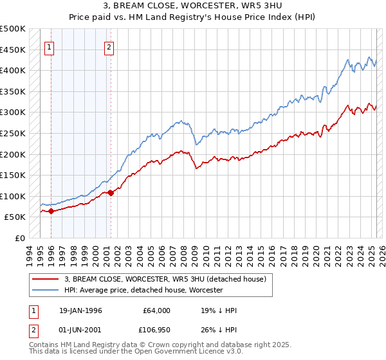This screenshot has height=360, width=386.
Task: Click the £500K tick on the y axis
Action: [x=13, y=29]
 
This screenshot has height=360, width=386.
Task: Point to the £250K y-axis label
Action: [x=13, y=133]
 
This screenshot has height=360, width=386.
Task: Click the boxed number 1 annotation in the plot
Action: [x=50, y=46]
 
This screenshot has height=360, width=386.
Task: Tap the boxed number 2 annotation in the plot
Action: [x=109, y=46]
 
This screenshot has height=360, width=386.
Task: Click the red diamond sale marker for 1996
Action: [x=51, y=211]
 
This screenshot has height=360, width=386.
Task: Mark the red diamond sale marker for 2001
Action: [x=111, y=192]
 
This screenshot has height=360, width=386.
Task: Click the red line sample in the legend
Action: [x=46, y=278]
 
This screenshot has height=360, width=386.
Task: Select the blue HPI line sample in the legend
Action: [x=46, y=290]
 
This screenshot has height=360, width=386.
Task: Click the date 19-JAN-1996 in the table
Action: [x=80, y=310]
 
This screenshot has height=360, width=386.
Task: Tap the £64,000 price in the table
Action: [x=156, y=310]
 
